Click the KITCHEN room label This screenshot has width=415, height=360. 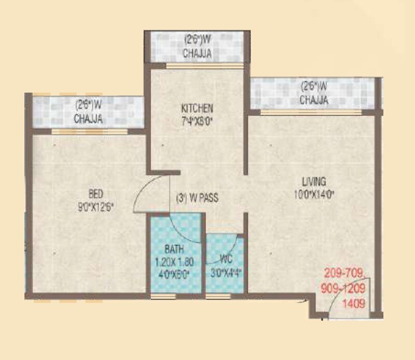tap(197, 108)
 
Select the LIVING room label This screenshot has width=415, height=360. tap(314, 182)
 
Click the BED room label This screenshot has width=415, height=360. tap(96, 195)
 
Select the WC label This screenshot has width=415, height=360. tap(224, 257)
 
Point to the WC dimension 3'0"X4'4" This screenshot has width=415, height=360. tap(225, 270)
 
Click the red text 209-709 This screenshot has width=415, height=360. tap(345, 272)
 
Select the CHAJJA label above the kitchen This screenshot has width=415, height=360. tap(197, 54)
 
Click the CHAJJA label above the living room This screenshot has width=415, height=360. tap(314, 100)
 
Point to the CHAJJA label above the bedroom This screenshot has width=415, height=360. tap(88, 119)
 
